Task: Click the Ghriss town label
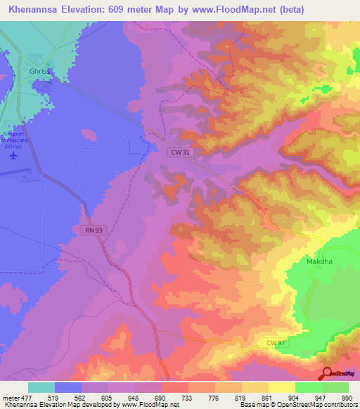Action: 40,71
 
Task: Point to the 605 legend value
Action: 108,397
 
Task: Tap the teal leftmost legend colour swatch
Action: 41,387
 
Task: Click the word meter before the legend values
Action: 10,397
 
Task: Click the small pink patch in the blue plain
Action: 89,133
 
